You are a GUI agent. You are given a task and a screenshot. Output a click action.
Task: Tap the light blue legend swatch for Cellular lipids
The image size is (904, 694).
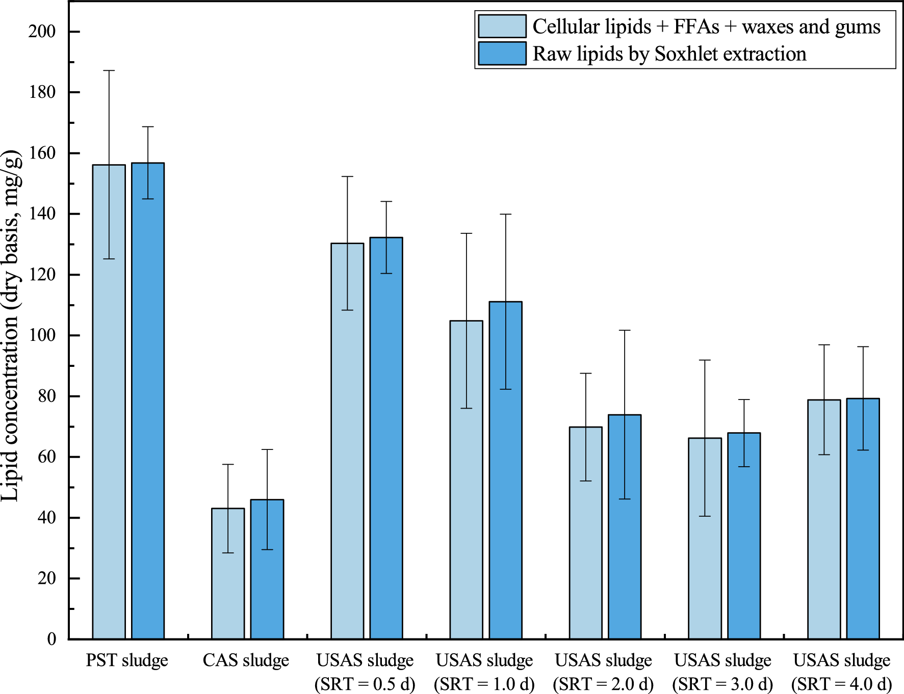[x=502, y=26]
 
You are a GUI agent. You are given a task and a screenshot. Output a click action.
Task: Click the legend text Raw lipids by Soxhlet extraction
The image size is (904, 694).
[x=669, y=54]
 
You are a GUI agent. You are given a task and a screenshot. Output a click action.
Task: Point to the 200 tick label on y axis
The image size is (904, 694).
[x=42, y=32]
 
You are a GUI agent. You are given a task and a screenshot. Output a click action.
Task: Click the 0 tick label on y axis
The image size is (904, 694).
[x=51, y=639]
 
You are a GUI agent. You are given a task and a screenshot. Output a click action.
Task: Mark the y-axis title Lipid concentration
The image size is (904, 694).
[x=11, y=326]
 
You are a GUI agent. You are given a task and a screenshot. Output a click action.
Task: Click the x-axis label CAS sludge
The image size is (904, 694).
[x=246, y=660]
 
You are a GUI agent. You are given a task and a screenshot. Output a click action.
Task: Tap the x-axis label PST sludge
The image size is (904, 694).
[x=126, y=660]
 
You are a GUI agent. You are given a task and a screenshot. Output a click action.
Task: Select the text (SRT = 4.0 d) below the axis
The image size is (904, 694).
[x=841, y=684]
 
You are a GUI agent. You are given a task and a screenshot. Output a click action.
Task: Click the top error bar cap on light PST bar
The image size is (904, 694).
[x=109, y=71]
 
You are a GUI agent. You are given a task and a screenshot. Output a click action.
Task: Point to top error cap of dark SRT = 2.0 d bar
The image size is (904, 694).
[x=625, y=331]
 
